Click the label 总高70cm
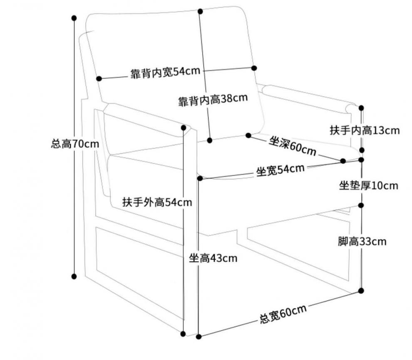tap(75, 145)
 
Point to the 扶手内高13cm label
tap(365, 130)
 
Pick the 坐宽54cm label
tap(280, 170)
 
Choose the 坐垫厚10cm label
tap(368, 185)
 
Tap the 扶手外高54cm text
tap(157, 202)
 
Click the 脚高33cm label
tap(362, 241)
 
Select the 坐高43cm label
tap(213, 258)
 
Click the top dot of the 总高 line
tap(74, 18)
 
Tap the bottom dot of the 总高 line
tap(74, 276)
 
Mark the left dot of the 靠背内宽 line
tap(99, 78)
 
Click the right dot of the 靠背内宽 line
tap(254, 67)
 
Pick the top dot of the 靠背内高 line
tap(200, 11)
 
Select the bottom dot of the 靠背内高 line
tap(210, 140)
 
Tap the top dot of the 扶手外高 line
tap(184, 127)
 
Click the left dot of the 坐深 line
tap(248, 135)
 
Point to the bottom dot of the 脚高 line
tap(361, 290)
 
